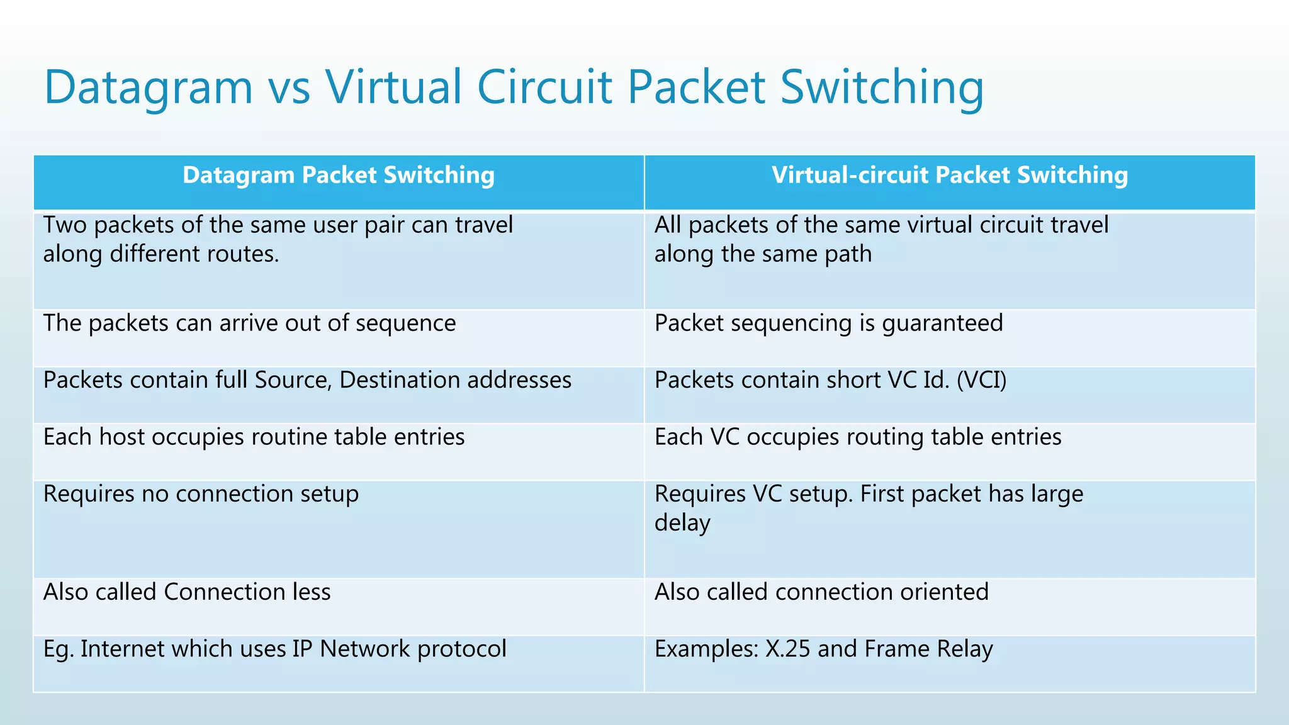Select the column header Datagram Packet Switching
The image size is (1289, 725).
click(x=339, y=176)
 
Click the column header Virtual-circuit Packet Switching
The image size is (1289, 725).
click(x=950, y=176)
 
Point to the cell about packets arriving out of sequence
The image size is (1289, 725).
click(x=249, y=323)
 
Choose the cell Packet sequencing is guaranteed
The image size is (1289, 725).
click(x=828, y=323)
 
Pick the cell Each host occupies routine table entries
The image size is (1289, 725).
click(x=254, y=437)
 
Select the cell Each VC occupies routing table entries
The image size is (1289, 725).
click(x=858, y=437)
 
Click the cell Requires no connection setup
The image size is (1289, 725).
click(x=201, y=494)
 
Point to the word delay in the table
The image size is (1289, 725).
click(x=682, y=523)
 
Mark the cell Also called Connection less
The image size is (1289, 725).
click(x=187, y=592)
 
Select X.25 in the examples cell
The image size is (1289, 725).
click(x=787, y=649)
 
